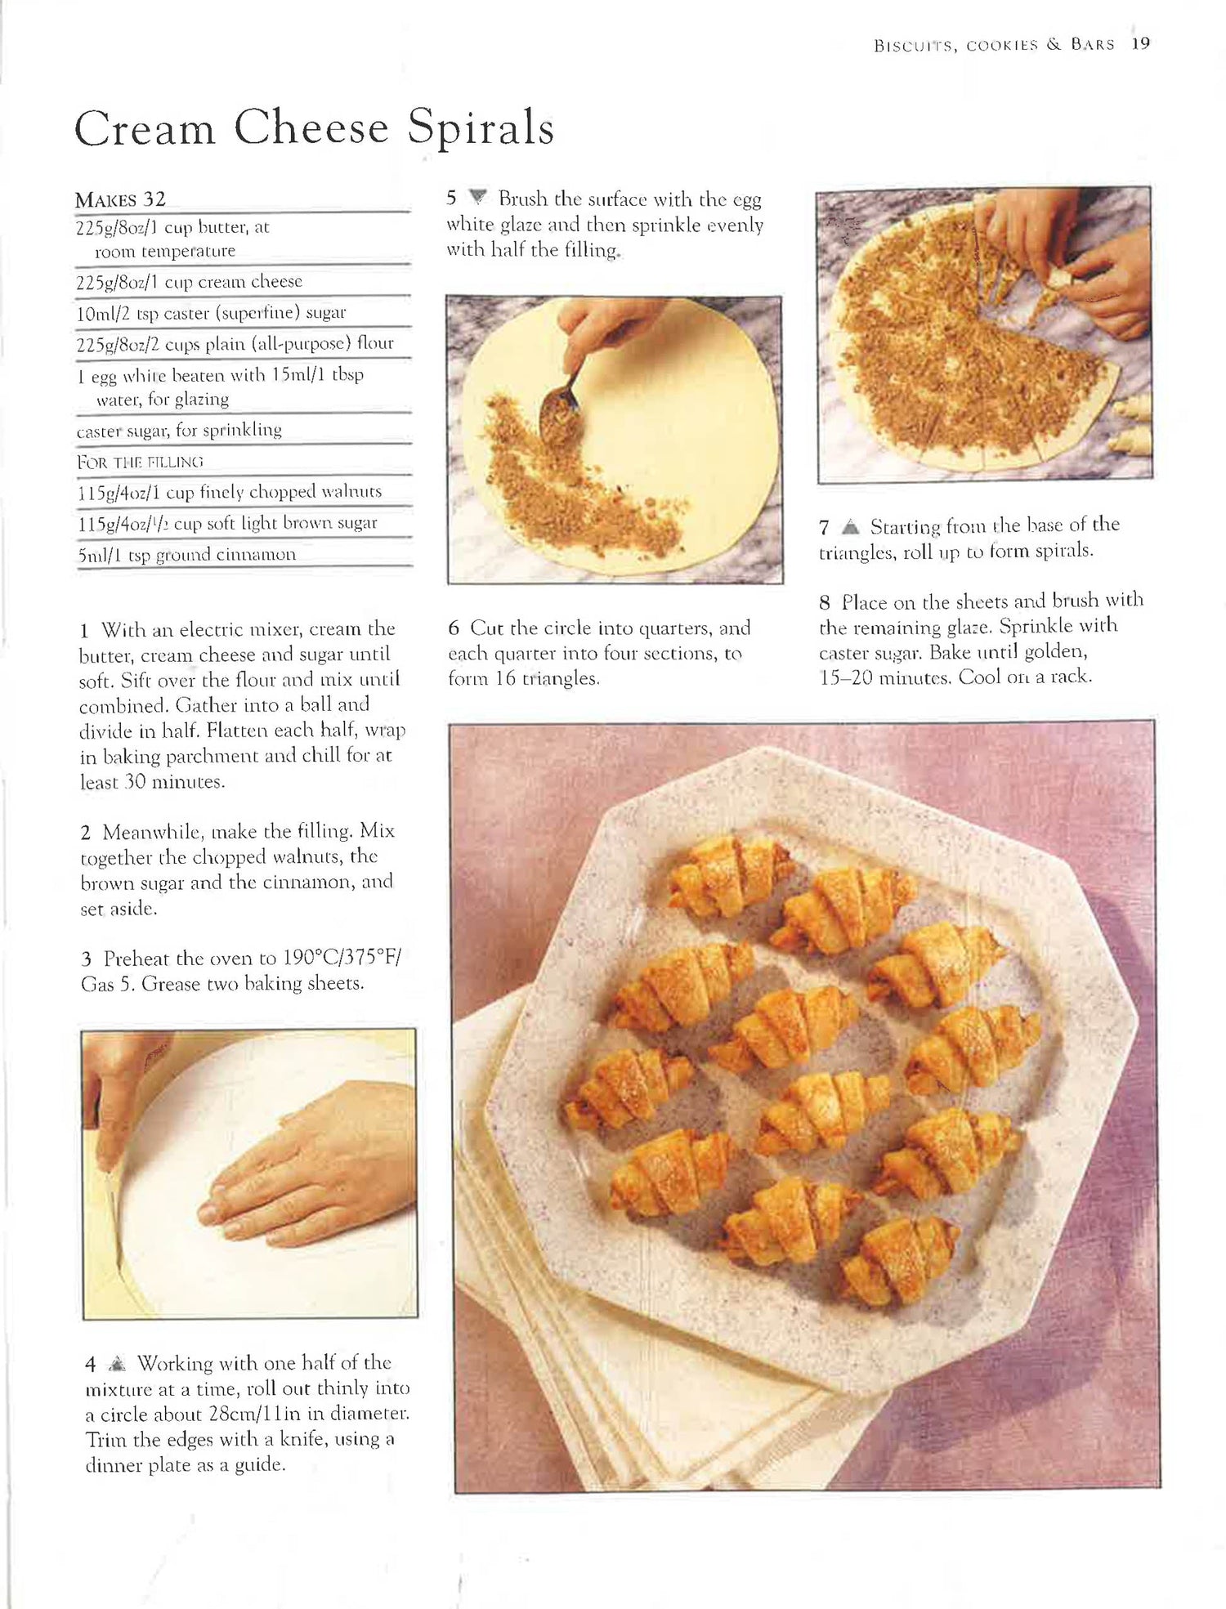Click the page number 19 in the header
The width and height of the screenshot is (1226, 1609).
[x=1141, y=44]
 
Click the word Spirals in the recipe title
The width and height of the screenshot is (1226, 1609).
[x=481, y=128]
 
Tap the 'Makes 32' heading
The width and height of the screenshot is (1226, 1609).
[x=120, y=199]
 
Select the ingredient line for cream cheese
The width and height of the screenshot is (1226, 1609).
[x=189, y=282]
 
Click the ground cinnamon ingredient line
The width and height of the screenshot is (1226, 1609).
[x=186, y=555]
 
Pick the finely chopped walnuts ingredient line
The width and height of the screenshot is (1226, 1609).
[x=229, y=492]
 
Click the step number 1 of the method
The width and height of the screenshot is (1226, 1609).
[x=85, y=630]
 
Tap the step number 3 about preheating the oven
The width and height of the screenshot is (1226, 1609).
[x=86, y=959]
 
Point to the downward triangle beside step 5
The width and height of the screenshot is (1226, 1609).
[x=478, y=198]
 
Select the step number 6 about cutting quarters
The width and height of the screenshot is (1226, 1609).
[x=454, y=628]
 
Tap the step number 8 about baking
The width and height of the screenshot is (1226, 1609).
[x=825, y=604]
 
